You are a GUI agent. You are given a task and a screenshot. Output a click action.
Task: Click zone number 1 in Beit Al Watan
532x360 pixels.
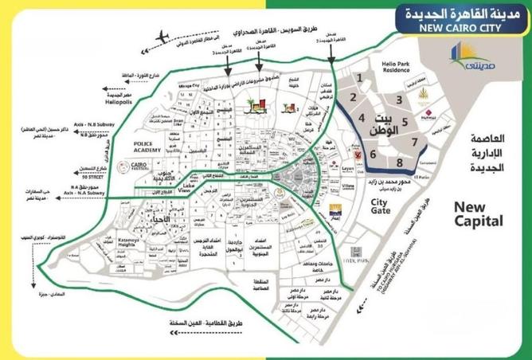[361, 78]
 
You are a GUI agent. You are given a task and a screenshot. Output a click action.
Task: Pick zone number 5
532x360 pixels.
[405, 123]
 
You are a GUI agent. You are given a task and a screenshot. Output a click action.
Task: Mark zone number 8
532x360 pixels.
[399, 162]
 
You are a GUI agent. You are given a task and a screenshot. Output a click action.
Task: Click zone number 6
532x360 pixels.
[372, 155]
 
